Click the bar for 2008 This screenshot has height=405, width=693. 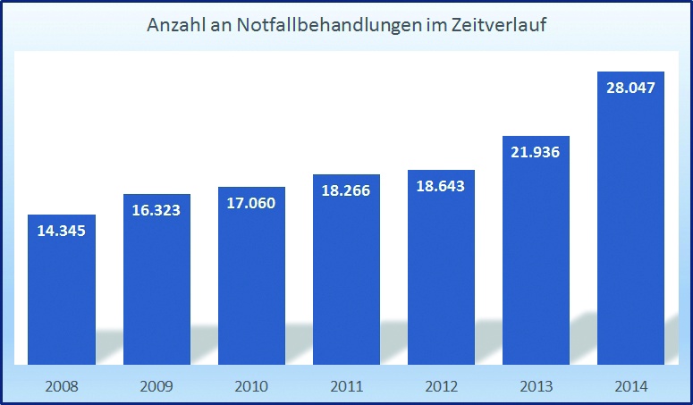tap(62, 295)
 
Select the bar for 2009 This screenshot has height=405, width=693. tap(156, 286)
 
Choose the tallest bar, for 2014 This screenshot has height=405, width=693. tap(630, 224)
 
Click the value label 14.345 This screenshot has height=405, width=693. tap(62, 231)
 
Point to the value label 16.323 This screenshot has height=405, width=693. tap(156, 210)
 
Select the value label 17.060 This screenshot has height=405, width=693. tap(251, 203)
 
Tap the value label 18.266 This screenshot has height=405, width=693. tap(346, 190)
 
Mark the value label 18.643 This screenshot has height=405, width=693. tap(441, 186)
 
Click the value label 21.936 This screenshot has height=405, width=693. tap(536, 152)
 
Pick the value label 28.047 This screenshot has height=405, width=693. tap(630, 88)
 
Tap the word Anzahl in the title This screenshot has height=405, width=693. tap(174, 26)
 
